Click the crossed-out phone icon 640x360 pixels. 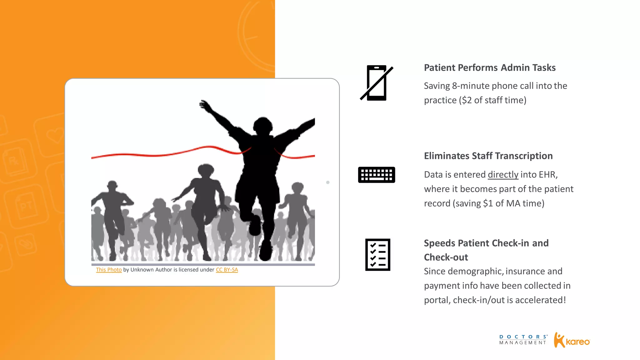coord(377,83)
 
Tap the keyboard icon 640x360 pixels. coord(377,175)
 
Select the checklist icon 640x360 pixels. coord(377,255)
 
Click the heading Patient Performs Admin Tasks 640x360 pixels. coord(490,68)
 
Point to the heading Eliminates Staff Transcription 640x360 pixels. coord(488,156)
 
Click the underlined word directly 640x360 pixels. coord(503,174)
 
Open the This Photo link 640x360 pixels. coord(109,270)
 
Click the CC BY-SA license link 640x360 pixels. coord(227,270)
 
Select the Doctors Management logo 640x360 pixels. coord(523,340)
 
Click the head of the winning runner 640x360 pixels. coord(263,125)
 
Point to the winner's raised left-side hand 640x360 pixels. coord(205,104)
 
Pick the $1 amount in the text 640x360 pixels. coord(488,203)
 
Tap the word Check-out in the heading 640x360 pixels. coord(446,257)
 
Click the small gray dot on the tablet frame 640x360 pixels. coord(328,182)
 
